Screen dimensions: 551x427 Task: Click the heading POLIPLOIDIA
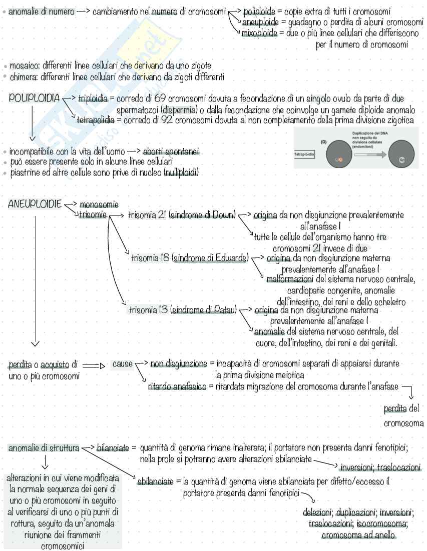pos(35,98)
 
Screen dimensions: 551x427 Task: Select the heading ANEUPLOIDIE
pos(34,204)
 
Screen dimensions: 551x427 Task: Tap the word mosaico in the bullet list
pos(24,66)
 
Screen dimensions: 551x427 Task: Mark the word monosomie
pos(99,204)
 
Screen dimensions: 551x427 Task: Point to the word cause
pos(122,363)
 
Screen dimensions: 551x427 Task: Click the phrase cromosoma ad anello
pos(358,535)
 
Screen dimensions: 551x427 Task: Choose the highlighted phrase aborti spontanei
pos(171,151)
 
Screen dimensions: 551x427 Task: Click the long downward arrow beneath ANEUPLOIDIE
pos(35,280)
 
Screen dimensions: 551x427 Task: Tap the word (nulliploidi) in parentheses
pos(181,173)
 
